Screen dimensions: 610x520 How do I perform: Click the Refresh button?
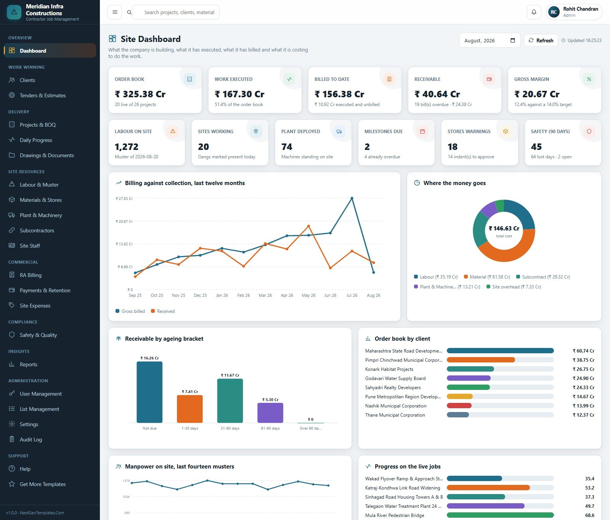[x=541, y=40]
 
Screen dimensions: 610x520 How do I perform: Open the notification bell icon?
[x=534, y=12]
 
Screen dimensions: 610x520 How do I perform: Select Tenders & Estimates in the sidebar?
[x=43, y=95]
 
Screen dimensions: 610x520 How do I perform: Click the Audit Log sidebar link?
[x=31, y=440]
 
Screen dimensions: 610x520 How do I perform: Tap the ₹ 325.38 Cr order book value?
[x=140, y=94]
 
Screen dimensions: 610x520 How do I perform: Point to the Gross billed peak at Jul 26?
[x=352, y=198]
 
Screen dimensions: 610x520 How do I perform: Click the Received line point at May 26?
[x=308, y=226]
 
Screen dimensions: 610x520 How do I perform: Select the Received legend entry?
[x=163, y=311]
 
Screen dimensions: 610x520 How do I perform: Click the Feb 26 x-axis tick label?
[x=244, y=295]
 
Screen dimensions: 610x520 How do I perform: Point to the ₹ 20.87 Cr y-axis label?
[x=124, y=221]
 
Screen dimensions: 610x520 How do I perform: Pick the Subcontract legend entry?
[x=543, y=277]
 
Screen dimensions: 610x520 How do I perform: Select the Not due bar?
[x=149, y=392]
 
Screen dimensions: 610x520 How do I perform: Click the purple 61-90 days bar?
[x=270, y=413]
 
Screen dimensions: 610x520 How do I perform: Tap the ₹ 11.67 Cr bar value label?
[x=230, y=375]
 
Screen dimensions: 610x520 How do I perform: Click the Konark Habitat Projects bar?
[x=470, y=369]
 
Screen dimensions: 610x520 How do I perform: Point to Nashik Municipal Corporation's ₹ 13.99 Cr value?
[x=583, y=406]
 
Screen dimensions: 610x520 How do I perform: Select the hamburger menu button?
[x=115, y=12]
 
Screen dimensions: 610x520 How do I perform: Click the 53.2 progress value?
[x=590, y=488]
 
